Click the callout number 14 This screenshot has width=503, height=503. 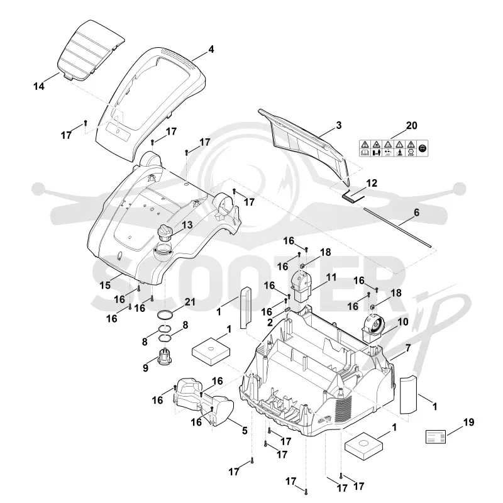click(x=39, y=86)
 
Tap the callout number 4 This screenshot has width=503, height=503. click(x=211, y=50)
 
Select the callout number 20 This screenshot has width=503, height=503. click(x=412, y=125)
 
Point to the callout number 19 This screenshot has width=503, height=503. click(x=468, y=422)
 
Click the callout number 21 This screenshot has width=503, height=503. click(x=190, y=302)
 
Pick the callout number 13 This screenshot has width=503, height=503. click(x=187, y=224)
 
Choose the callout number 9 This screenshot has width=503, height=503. click(x=146, y=368)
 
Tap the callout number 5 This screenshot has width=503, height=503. click(x=245, y=431)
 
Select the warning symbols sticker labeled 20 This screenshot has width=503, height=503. click(x=394, y=148)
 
